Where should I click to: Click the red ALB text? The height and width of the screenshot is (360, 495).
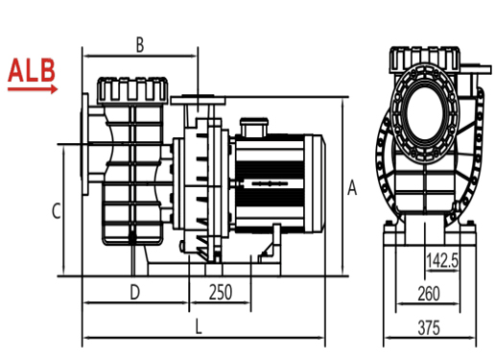pyautogui.click(x=32, y=70)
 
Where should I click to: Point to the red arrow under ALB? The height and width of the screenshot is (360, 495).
pyautogui.click(x=33, y=89)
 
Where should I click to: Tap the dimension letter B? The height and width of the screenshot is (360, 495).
pyautogui.click(x=140, y=45)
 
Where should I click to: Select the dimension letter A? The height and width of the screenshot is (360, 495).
pyautogui.click(x=352, y=187)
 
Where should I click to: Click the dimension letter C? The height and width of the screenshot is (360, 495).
pyautogui.click(x=57, y=211)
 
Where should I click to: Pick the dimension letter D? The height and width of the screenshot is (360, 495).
pyautogui.click(x=135, y=293)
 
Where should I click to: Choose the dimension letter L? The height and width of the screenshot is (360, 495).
pyautogui.click(x=199, y=327)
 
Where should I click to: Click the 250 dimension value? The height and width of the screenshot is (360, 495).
pyautogui.click(x=221, y=293)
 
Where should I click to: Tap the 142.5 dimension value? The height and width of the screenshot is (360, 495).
pyautogui.click(x=443, y=260)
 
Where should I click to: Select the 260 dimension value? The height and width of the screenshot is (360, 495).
pyautogui.click(x=429, y=294)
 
